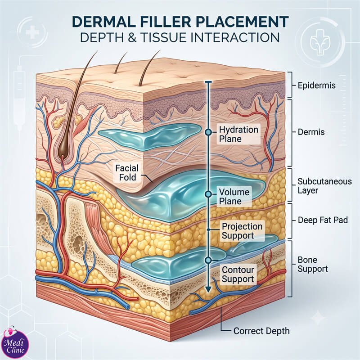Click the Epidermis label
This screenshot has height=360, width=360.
tap(317, 85)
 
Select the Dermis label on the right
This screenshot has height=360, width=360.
tap(311, 132)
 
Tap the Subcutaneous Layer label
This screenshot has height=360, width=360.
tap(324, 186)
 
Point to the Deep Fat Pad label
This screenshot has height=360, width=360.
tap(323, 220)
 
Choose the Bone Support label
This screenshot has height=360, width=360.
tap(312, 264)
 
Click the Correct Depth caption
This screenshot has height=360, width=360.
tap(261, 331)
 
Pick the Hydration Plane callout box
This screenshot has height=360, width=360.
tap(238, 134)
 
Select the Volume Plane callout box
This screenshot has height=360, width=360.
tap(234, 197)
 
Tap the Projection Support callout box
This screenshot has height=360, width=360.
tap(242, 231)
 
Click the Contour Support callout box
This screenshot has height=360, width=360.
tap(238, 274)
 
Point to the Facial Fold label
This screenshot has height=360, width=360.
tap(126, 173)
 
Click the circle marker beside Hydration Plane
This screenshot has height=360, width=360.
tap(208, 132)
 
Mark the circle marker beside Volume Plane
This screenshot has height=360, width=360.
tap(208, 194)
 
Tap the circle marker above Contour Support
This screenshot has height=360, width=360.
tap(208, 260)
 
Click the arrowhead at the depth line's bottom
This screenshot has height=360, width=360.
tap(208, 289)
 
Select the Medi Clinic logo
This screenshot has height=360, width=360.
tap(15, 342)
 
